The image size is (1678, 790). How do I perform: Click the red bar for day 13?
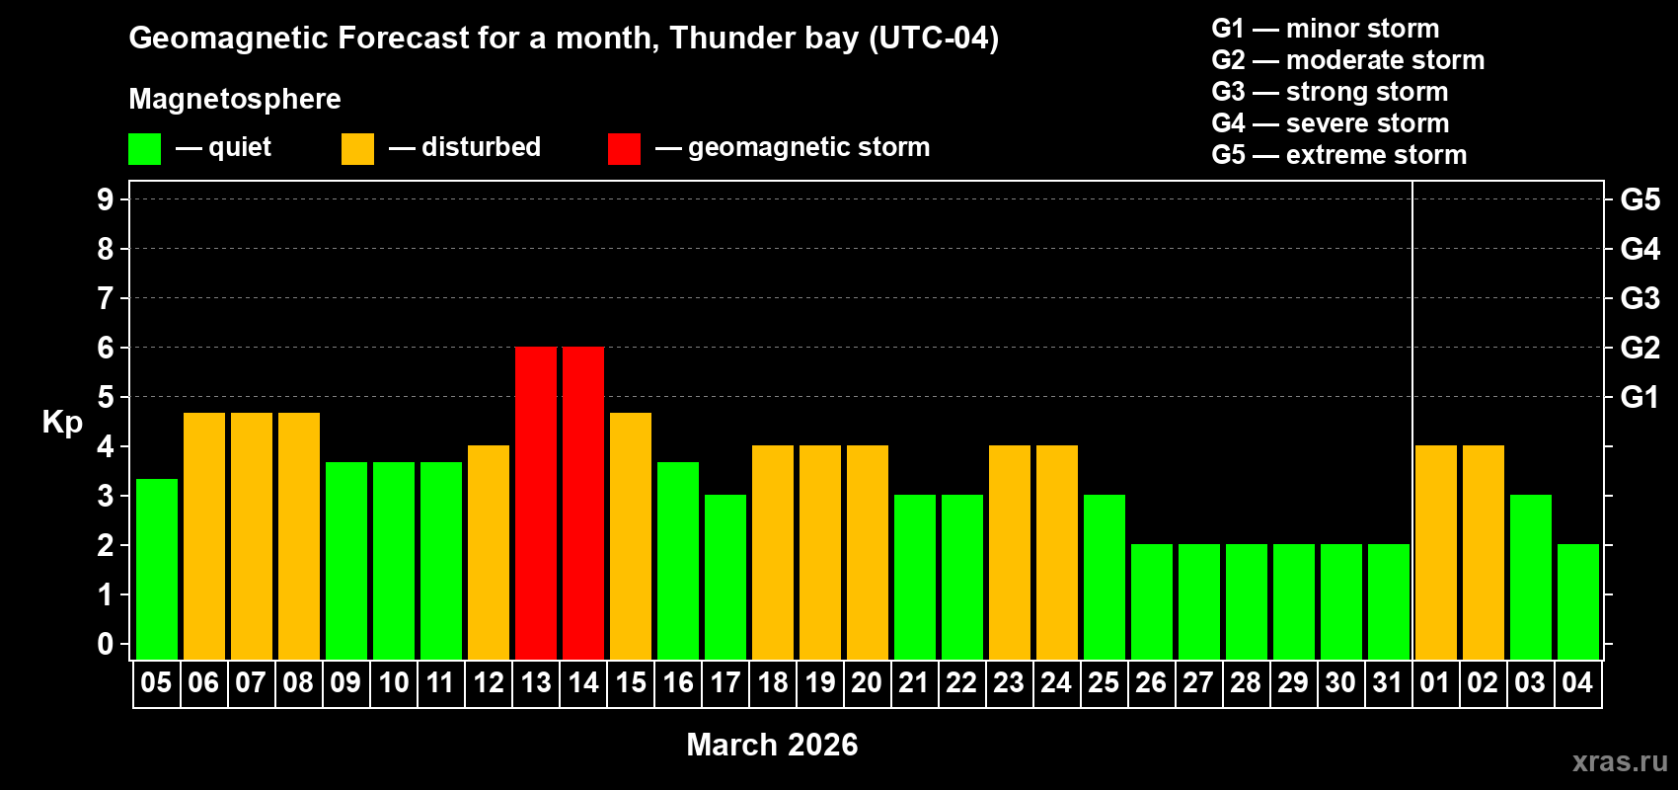(x=536, y=503)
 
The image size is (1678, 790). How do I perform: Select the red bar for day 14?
(x=583, y=503)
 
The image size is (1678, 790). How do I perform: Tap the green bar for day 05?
(x=157, y=569)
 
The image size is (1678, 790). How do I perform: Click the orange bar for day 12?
(x=489, y=552)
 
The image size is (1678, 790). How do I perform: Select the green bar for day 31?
(x=1389, y=601)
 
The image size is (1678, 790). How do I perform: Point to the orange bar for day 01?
(x=1436, y=552)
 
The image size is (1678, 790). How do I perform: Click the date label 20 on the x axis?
(x=867, y=682)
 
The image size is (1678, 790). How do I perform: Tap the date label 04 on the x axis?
(x=1577, y=682)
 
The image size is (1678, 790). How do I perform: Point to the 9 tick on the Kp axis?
(x=106, y=199)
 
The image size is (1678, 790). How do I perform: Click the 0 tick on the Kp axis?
(x=106, y=644)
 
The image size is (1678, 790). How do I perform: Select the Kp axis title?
(x=62, y=422)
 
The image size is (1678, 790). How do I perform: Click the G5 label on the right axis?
(x=1640, y=199)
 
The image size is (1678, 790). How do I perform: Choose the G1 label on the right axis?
(x=1640, y=397)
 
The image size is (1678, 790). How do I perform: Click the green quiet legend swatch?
(x=144, y=149)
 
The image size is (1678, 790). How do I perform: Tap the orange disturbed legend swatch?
(x=357, y=149)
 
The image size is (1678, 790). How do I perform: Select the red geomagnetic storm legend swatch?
(x=624, y=149)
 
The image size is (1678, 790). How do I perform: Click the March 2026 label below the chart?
(x=772, y=745)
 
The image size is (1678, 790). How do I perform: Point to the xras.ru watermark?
(x=1620, y=761)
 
